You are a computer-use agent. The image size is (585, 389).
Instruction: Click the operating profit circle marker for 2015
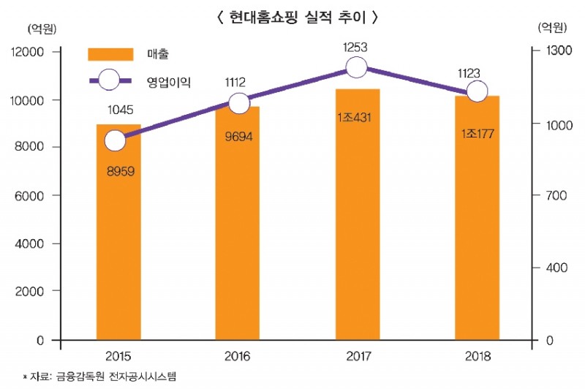pyautogui.click(x=115, y=140)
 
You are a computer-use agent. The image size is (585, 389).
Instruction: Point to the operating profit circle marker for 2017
pyautogui.click(x=356, y=68)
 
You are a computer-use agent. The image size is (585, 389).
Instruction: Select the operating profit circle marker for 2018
pyautogui.click(x=477, y=91)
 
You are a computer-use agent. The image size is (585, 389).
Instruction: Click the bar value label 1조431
pyautogui.click(x=357, y=118)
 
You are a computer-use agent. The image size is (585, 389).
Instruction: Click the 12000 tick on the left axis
pyautogui.click(x=28, y=53)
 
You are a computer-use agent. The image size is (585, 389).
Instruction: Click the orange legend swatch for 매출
pyautogui.click(x=110, y=54)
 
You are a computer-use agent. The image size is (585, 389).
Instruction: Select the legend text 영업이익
pyautogui.click(x=168, y=80)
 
